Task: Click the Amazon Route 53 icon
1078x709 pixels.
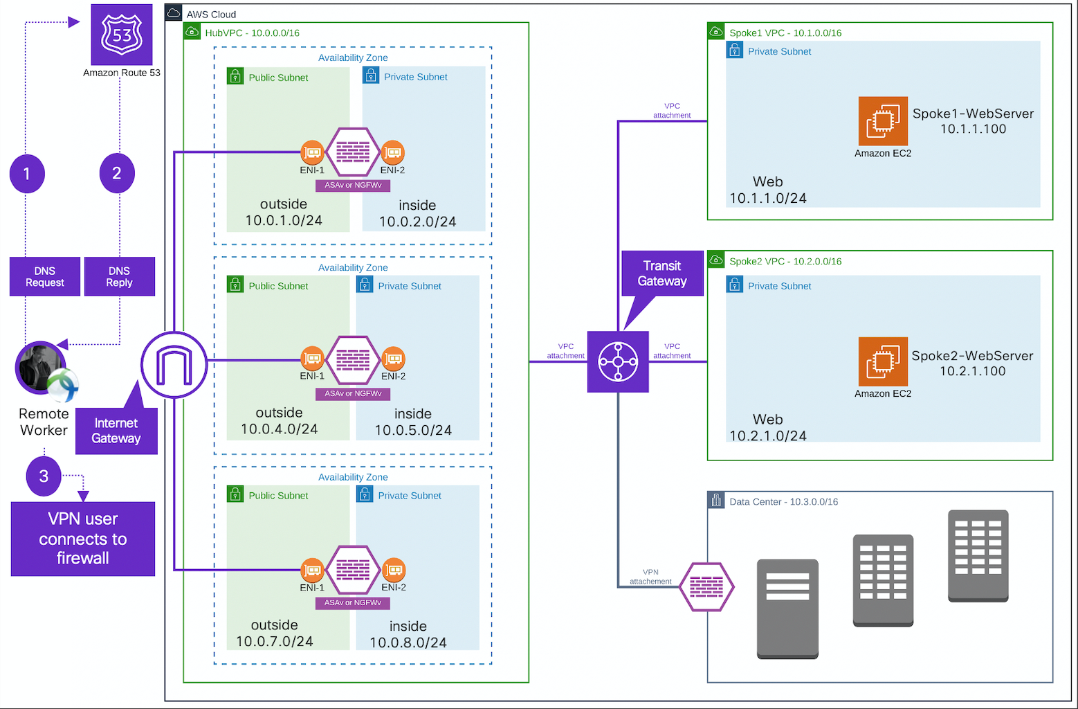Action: [122, 35]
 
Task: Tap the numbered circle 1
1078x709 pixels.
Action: [27, 173]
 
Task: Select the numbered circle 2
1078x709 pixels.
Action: [117, 173]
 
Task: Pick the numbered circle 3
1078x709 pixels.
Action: [44, 476]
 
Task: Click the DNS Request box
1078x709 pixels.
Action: [45, 276]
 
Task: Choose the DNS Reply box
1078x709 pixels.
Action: [119, 276]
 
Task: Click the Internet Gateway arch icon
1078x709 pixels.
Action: [174, 365]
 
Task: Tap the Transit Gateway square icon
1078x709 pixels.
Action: [618, 361]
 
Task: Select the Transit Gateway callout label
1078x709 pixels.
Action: [662, 273]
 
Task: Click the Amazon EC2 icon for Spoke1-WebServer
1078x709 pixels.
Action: [883, 121]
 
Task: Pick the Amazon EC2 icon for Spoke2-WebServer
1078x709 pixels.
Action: [883, 361]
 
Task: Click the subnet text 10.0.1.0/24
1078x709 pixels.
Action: [284, 221]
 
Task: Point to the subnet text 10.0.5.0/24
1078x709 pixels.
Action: [413, 431]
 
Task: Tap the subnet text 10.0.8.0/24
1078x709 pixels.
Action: [408, 643]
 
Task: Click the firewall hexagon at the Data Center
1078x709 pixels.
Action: [706, 587]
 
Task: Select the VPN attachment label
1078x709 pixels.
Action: [650, 577]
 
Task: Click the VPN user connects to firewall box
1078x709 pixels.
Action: [83, 539]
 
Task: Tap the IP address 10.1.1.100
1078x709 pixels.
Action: [973, 129]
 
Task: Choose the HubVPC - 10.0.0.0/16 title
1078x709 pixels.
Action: [252, 33]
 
